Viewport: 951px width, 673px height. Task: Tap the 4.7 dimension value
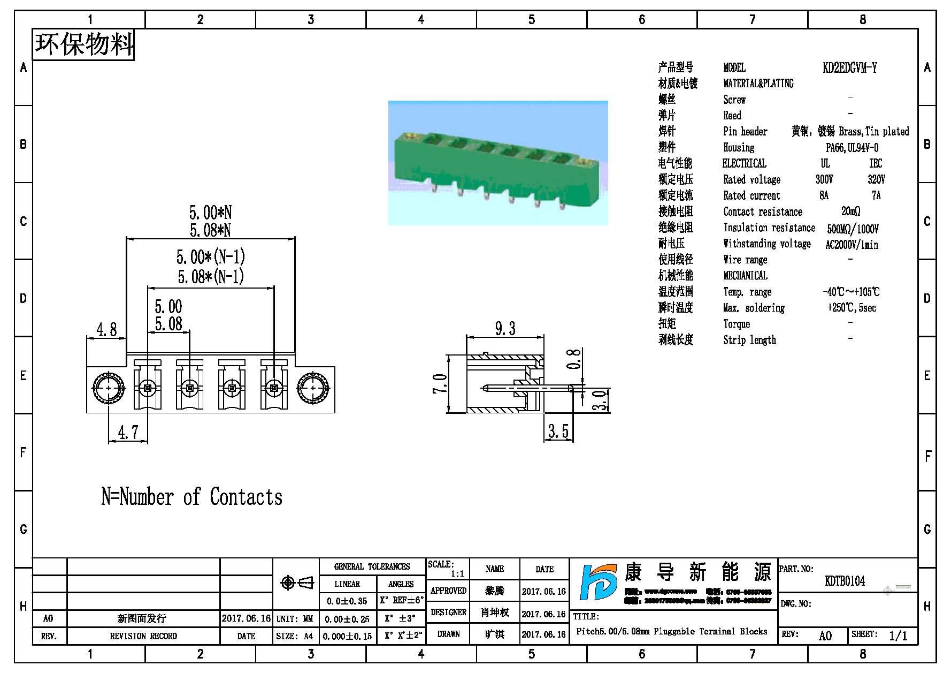tap(128, 432)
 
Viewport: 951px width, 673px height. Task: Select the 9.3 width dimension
tap(505, 328)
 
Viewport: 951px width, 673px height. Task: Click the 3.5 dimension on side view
tap(558, 430)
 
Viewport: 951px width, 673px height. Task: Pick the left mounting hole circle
tap(109, 388)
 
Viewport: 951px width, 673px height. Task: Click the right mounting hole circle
tap(313, 388)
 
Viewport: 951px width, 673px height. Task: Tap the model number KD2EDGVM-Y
tap(849, 67)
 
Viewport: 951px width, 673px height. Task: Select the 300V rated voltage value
tap(824, 179)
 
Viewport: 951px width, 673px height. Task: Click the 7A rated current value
tap(876, 195)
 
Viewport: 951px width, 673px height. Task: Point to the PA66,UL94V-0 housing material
tap(852, 147)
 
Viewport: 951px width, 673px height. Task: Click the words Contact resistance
tap(762, 211)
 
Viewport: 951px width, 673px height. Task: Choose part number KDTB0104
tap(845, 581)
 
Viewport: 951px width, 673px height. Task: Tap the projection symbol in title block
tap(297, 583)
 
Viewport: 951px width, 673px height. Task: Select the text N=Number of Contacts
tap(192, 497)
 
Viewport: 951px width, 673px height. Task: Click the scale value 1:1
tap(457, 573)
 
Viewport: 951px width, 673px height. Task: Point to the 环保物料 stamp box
tap(83, 44)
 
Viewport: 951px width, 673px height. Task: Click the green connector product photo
tap(497, 163)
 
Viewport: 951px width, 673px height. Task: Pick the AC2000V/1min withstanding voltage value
tap(852, 245)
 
